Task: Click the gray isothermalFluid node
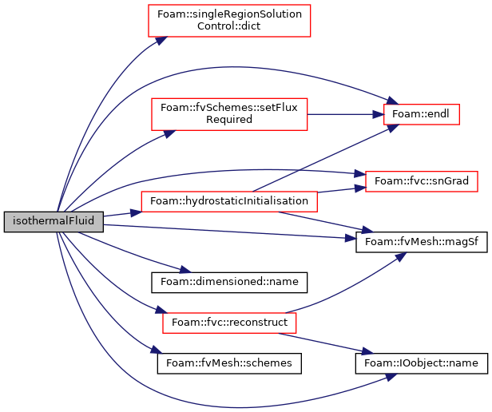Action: point(54,221)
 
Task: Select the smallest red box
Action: point(421,114)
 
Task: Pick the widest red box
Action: point(228,201)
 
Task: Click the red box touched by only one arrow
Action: point(229,21)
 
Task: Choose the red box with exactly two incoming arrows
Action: point(421,181)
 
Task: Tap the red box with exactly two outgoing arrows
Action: point(229,323)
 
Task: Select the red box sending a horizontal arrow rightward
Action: point(229,114)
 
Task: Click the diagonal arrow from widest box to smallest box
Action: point(319,160)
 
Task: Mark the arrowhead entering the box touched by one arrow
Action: point(161,40)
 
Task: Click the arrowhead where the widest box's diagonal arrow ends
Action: point(392,127)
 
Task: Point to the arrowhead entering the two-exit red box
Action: point(160,310)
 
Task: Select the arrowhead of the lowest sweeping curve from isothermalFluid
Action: point(391,376)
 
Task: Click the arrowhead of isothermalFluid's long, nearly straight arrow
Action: point(351,238)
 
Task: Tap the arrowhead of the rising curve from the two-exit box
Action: point(401,256)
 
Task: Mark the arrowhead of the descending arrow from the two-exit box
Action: point(367,351)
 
